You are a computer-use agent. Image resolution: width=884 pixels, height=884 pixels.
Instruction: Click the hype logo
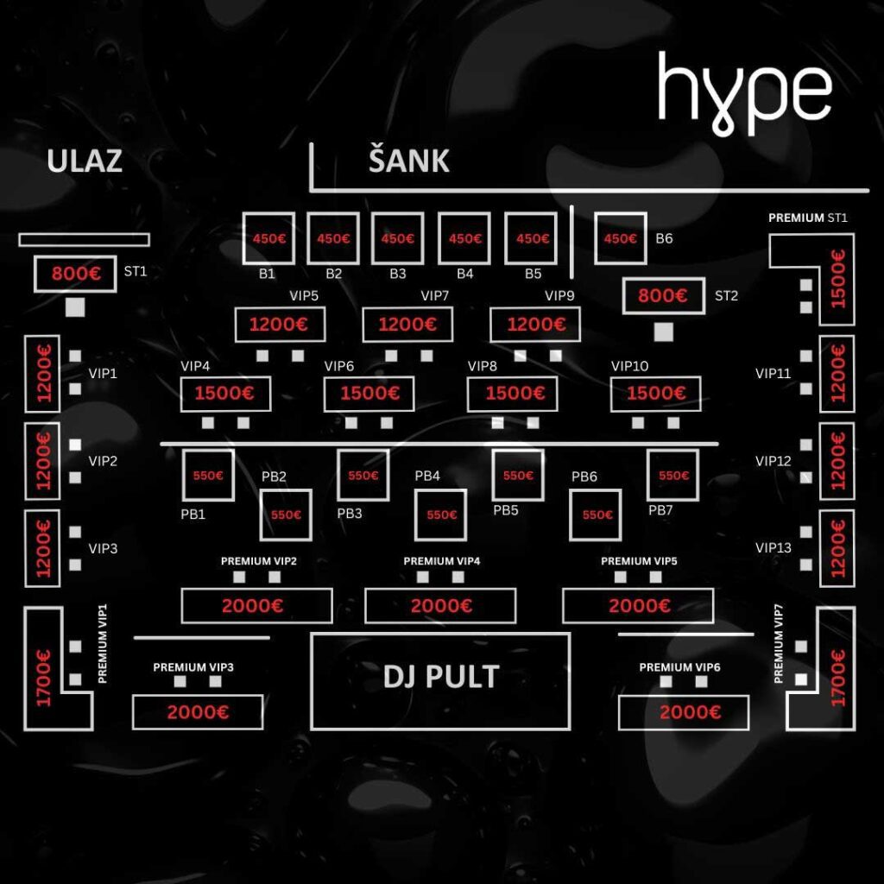click(x=744, y=93)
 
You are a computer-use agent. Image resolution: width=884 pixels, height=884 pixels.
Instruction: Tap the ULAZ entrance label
click(x=85, y=161)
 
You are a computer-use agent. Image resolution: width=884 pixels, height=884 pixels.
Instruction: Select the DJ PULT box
click(x=440, y=681)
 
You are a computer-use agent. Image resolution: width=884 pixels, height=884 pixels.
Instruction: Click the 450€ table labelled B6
click(x=620, y=238)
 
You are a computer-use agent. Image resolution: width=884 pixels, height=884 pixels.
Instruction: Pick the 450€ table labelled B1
click(x=268, y=238)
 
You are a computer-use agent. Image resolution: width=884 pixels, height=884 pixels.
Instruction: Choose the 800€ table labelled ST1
click(x=75, y=274)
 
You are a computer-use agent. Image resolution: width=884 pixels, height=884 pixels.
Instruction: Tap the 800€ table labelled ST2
click(x=664, y=295)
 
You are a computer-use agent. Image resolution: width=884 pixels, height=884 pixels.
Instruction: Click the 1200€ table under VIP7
click(x=407, y=325)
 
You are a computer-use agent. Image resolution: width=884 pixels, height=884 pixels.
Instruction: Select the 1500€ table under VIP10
click(x=656, y=393)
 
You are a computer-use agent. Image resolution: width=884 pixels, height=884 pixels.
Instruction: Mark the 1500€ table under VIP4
click(x=225, y=393)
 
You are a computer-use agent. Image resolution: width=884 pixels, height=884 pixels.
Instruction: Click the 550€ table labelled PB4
click(x=441, y=515)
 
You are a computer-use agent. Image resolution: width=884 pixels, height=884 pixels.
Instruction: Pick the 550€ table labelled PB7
click(x=673, y=476)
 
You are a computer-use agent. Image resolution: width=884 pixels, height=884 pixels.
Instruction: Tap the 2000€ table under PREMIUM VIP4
click(x=440, y=605)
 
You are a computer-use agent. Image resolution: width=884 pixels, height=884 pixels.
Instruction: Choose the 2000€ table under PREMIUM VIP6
click(x=684, y=712)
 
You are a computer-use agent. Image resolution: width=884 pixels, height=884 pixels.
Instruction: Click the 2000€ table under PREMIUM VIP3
click(x=198, y=712)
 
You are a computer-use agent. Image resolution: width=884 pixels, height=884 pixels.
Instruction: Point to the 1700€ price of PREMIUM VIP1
click(x=43, y=679)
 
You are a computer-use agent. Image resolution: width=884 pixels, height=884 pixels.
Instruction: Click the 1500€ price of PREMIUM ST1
click(x=839, y=279)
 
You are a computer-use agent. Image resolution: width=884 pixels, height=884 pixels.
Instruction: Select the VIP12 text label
click(x=773, y=461)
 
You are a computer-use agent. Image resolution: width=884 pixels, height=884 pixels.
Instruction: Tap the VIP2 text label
click(x=103, y=461)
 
